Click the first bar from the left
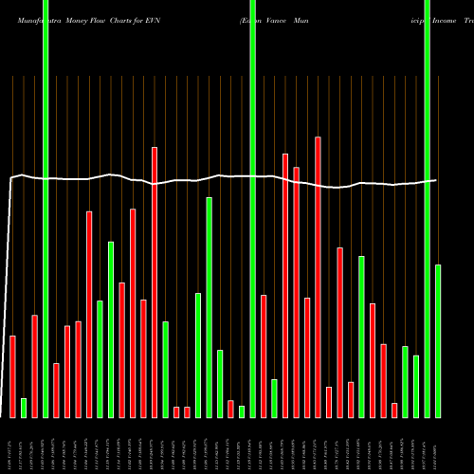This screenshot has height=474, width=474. (13, 376)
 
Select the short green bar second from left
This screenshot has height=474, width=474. (24, 408)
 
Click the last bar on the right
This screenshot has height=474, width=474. (438, 340)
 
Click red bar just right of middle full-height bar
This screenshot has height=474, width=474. (264, 355)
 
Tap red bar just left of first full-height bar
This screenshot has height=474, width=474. (35, 366)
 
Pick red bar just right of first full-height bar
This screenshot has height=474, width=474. (57, 390)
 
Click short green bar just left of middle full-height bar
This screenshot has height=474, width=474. (242, 411)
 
